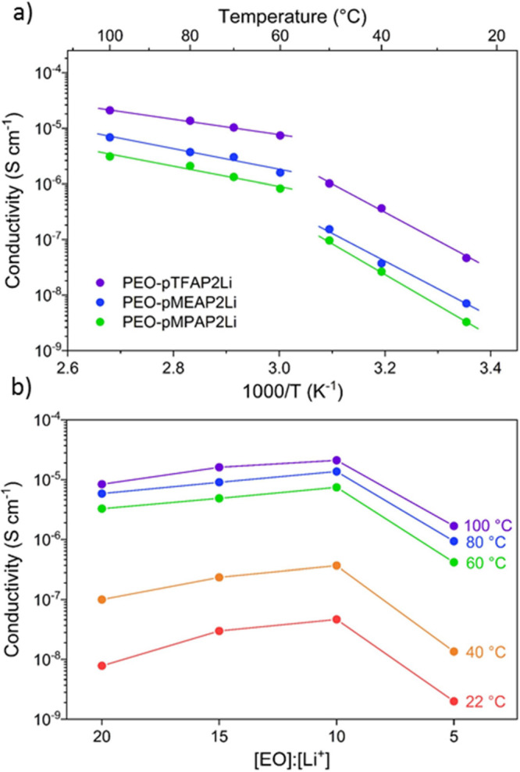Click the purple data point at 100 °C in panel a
[110, 110]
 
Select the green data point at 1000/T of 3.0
[280, 188]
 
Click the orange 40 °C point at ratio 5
[454, 651]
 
